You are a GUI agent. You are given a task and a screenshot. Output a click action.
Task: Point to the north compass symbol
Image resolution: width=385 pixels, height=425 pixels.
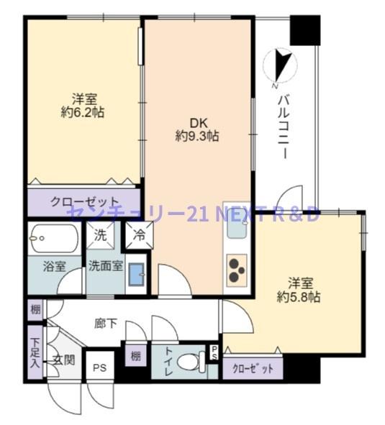click(281, 66)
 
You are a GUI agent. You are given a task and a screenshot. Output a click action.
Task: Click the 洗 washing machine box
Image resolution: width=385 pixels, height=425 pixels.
click(101, 234)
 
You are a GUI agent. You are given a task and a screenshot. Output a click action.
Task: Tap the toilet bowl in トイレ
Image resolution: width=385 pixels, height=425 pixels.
click(191, 362)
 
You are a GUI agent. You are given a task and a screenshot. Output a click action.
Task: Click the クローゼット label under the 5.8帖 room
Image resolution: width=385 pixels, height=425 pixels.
click(253, 368)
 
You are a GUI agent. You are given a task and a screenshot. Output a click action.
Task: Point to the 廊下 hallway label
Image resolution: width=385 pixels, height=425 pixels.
click(106, 324)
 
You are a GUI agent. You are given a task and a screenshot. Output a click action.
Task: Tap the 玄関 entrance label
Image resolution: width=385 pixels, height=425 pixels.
click(63, 360)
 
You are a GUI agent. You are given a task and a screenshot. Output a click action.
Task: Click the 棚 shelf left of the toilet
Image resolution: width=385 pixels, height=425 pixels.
click(135, 355)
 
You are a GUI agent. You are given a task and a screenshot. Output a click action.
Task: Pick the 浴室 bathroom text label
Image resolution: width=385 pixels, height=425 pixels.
click(54, 265)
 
